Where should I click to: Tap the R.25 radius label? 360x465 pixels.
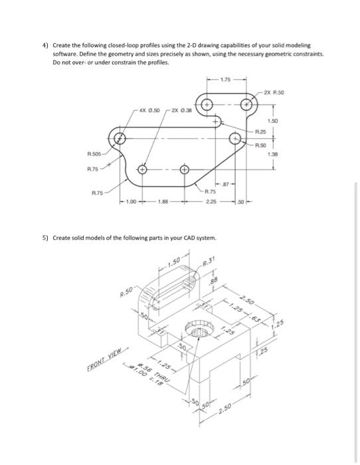(267, 133)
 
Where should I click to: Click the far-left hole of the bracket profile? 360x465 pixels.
(120, 139)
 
